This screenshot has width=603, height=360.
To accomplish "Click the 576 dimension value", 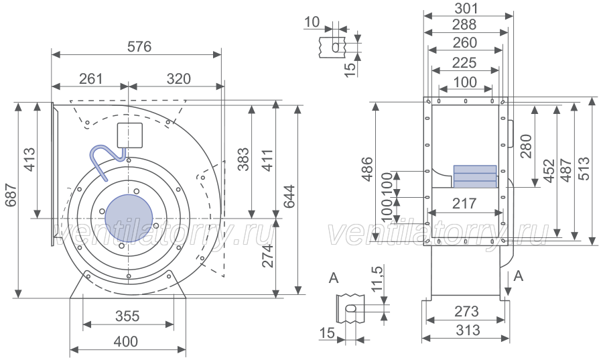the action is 139,46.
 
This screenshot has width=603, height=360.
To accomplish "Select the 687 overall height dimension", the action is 11,195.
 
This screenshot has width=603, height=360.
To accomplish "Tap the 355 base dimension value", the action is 127,316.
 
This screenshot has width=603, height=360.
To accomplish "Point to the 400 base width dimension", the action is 126,341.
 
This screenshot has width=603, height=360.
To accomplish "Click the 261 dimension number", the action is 91,79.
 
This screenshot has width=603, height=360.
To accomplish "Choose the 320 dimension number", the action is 179,79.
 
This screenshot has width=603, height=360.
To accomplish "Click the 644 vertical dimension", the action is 289,196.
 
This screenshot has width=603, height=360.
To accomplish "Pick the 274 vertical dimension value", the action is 267,256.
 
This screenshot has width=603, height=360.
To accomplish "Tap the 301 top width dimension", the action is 466,8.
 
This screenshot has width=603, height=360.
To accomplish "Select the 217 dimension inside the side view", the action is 464,203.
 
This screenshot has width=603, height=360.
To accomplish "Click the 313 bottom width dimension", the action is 468,330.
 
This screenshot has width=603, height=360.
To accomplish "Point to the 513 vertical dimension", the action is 584,168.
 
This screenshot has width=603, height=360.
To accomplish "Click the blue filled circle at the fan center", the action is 129,218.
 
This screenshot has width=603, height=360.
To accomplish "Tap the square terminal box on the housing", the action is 129,135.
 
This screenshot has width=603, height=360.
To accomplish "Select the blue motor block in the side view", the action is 475,176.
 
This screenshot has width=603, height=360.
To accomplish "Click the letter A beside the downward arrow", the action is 519,276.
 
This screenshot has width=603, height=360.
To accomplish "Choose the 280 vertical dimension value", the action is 526,146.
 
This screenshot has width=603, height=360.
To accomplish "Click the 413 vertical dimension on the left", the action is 29,160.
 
